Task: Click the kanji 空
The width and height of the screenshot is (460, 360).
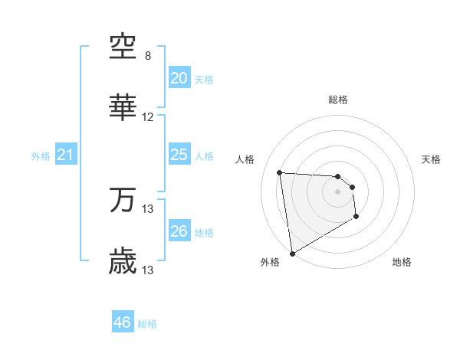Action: click(123, 47)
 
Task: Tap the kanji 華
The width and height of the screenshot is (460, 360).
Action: click(123, 107)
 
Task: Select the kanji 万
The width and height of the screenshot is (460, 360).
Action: click(123, 199)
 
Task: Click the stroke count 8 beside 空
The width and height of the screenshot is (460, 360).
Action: click(148, 56)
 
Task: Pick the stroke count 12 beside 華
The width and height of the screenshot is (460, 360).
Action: click(148, 117)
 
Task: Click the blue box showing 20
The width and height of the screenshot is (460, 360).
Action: click(179, 78)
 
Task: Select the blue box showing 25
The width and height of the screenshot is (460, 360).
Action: click(179, 155)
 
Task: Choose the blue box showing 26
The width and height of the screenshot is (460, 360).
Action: click(179, 231)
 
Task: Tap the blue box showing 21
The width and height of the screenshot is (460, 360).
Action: click(65, 155)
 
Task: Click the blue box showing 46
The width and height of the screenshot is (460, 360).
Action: click(123, 322)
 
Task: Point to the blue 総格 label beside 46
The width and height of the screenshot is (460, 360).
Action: click(147, 324)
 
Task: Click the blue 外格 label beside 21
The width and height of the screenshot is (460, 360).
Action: click(41, 156)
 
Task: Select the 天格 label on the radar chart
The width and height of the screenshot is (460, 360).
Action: click(432, 159)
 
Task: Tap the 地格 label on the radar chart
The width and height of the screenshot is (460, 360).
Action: click(402, 262)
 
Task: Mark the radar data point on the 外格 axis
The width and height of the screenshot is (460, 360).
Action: click(292, 253)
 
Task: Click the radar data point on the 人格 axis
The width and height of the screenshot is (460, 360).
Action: click(280, 172)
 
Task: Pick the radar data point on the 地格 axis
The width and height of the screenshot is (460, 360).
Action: click(356, 217)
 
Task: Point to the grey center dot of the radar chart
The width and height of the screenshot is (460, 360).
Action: click(337, 192)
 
